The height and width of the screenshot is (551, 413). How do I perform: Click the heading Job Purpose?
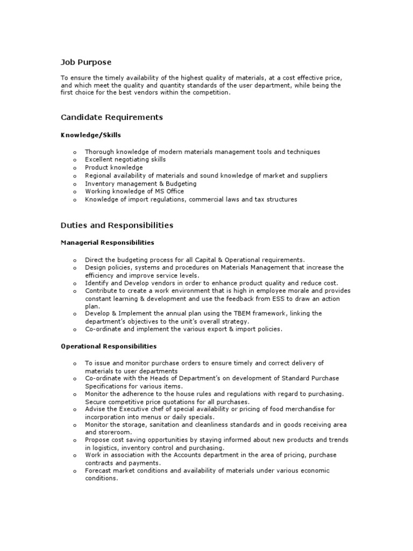[86, 62]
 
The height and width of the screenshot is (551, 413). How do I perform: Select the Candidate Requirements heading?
[112, 117]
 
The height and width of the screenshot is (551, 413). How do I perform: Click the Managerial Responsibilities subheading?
[108, 243]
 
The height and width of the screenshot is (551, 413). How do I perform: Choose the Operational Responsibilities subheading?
[109, 347]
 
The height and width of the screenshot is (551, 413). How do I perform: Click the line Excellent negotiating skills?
[125, 160]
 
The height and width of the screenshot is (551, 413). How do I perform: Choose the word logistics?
[104, 448]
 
